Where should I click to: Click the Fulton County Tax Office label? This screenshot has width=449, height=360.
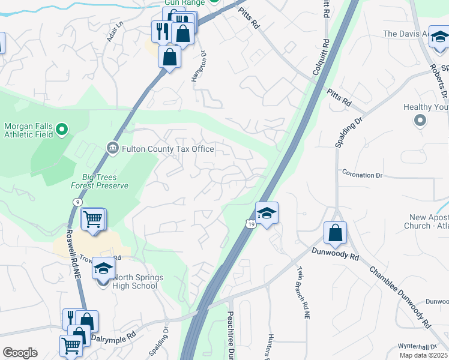(x=168, y=148)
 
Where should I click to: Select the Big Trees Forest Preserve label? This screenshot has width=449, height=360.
(x=100, y=181)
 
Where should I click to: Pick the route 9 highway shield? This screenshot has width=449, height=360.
(x=77, y=203)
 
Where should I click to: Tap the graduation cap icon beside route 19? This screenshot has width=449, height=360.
(x=267, y=214)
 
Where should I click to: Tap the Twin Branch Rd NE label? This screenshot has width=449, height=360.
(x=302, y=293)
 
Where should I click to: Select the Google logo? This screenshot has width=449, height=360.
(x=19, y=353)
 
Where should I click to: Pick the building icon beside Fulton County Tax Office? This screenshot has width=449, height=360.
(x=112, y=148)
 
